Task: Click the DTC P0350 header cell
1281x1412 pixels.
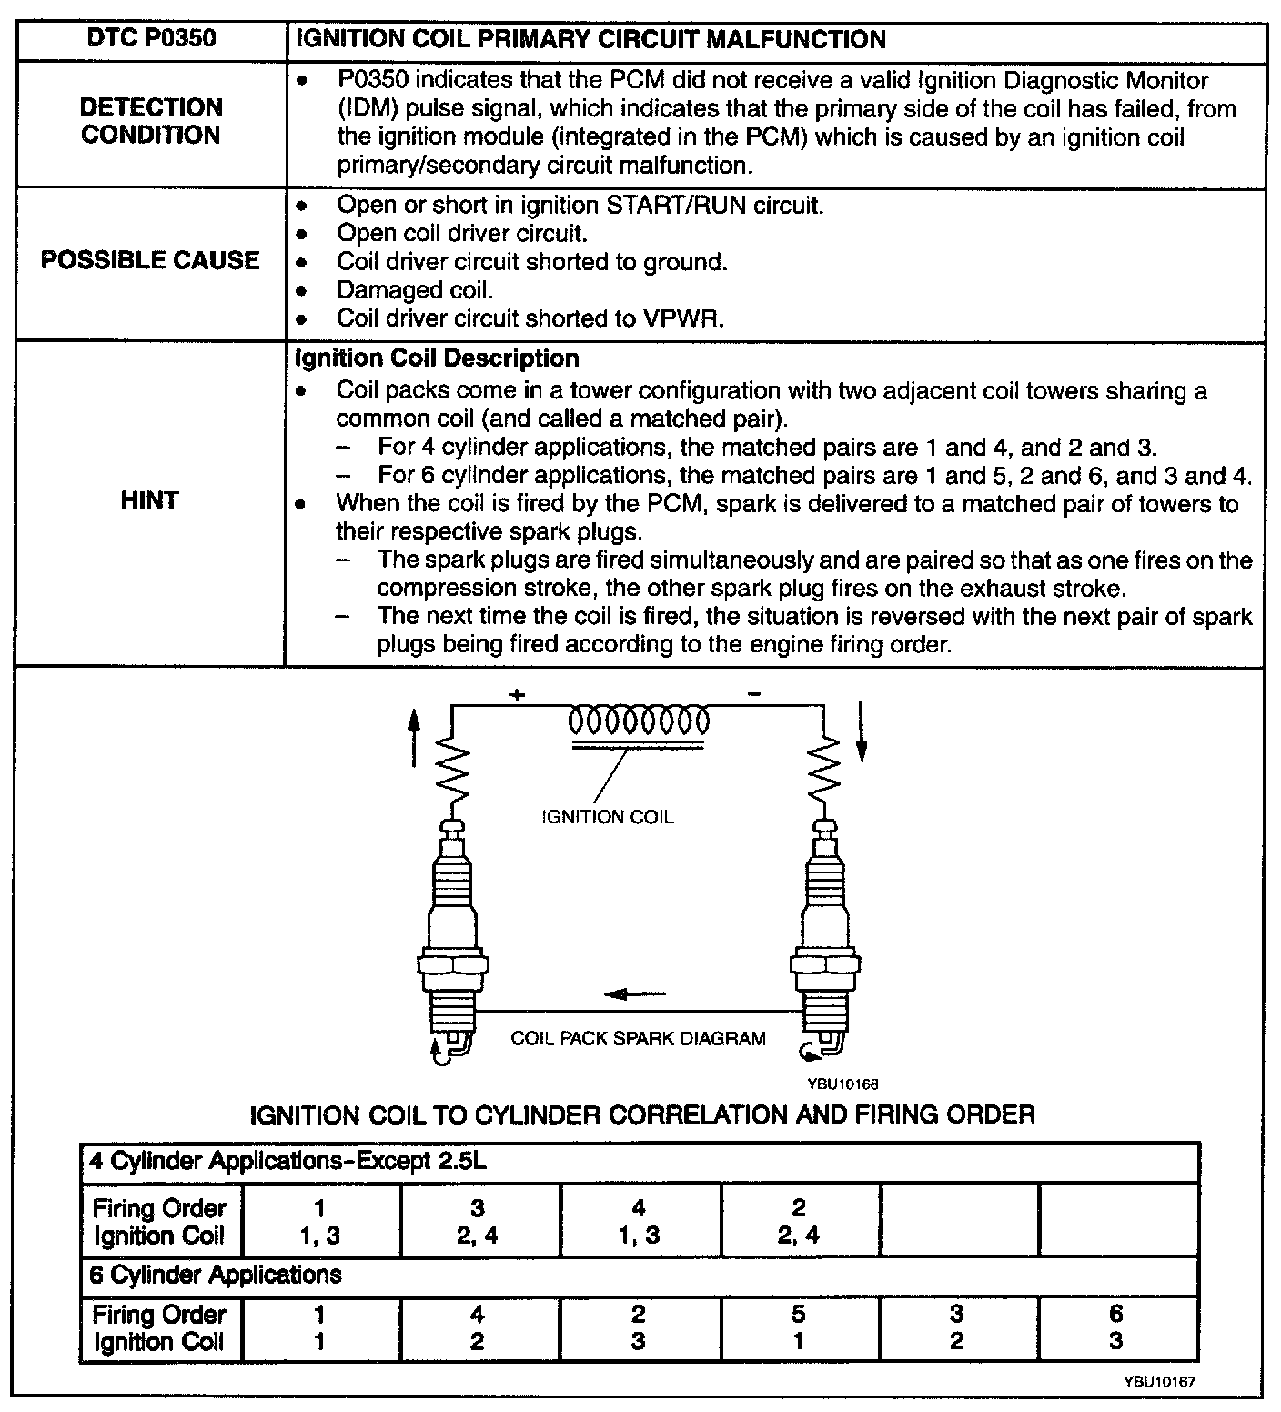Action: tap(151, 40)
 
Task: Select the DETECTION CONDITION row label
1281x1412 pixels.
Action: tap(151, 121)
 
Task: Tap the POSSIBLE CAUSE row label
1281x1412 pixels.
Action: tap(151, 260)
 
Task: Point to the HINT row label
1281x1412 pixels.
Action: tap(149, 499)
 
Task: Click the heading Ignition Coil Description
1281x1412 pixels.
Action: tap(437, 358)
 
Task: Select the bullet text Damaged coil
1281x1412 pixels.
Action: tap(414, 290)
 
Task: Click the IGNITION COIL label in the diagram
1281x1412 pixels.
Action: tap(607, 817)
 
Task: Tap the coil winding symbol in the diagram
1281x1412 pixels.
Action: tap(639, 721)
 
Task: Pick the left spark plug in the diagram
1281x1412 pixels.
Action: tap(452, 937)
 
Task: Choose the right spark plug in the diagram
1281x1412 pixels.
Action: tap(823, 937)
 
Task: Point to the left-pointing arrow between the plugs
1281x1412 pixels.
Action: tap(636, 993)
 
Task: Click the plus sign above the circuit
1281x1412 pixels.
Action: tap(517, 696)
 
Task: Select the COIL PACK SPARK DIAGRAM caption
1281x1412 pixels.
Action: tap(638, 1038)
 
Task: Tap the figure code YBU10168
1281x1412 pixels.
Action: tap(842, 1084)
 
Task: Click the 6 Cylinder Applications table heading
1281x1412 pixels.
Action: tap(216, 1275)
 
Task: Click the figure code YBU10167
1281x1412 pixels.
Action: tap(1158, 1381)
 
